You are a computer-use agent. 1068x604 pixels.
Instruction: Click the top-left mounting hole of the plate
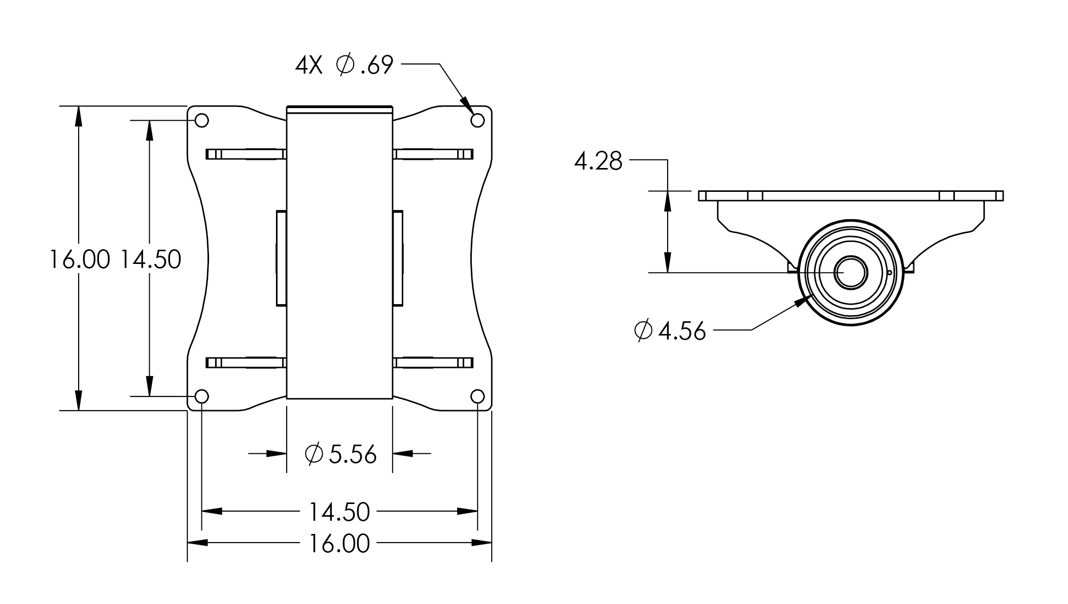pos(202,120)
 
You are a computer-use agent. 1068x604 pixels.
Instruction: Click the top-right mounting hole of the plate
pos(477,120)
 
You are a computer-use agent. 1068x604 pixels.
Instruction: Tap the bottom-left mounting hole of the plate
pos(202,396)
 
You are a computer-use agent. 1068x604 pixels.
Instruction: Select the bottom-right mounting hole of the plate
pos(477,396)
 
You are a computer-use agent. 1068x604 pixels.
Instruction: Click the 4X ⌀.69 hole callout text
pos(344,65)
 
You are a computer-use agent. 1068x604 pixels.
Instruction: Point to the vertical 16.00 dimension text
pos(80,259)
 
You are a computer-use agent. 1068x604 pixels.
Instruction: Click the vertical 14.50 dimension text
pos(151,259)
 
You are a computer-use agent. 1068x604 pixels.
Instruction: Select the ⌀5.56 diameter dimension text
pos(340,454)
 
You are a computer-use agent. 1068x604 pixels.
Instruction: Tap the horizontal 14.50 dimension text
pos(339,512)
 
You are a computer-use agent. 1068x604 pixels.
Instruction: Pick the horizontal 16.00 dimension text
pos(339,544)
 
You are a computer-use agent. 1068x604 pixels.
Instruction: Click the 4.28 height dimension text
pos(598,161)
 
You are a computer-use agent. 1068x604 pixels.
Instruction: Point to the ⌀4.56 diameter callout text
pos(670,331)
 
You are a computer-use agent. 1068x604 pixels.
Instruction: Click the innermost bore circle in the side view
pos(850,273)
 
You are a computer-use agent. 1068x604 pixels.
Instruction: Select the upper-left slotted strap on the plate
pos(246,154)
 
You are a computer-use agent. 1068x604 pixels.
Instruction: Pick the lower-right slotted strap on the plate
pos(433,362)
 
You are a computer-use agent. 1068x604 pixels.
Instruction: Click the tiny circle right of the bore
pos(889,273)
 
